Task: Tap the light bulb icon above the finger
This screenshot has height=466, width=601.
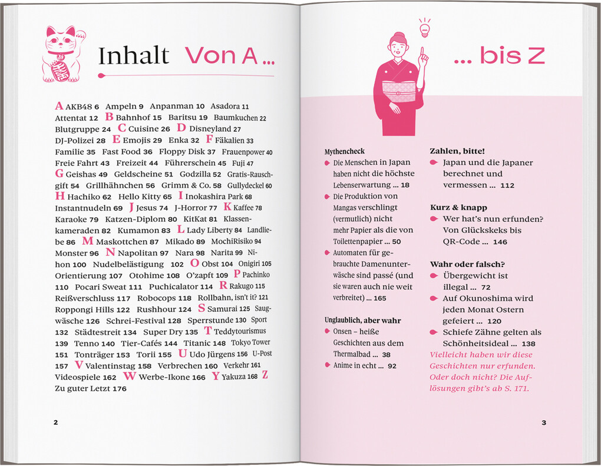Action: [424, 27]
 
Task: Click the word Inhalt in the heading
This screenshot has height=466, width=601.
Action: [133, 56]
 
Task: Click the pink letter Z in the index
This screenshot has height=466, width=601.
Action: [265, 375]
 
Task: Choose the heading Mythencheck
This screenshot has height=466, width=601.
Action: [345, 152]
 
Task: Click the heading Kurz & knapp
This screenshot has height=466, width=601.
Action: [458, 208]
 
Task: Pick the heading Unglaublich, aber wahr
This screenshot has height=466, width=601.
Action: [362, 321]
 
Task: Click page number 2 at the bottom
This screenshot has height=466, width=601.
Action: [56, 422]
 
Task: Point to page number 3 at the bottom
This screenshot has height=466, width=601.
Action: [544, 422]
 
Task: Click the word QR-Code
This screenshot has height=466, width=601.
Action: [461, 242]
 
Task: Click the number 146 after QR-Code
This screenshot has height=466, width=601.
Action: [500, 242]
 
